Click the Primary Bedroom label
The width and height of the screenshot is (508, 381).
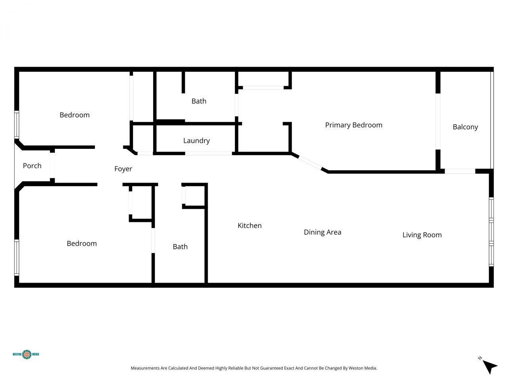[354, 125]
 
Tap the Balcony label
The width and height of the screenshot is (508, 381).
[465, 127]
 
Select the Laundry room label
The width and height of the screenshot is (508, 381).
[196, 140]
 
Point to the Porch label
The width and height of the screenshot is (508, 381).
[32, 166]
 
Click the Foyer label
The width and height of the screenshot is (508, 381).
[123, 169]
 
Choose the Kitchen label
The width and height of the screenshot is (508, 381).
[249, 225]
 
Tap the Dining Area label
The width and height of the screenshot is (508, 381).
[322, 232]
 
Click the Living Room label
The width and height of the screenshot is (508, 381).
[422, 235]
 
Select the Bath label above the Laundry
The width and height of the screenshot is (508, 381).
[199, 101]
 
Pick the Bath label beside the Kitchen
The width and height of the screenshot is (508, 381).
[180, 247]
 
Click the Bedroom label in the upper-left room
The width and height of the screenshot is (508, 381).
[75, 115]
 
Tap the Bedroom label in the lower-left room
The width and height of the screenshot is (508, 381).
[82, 244]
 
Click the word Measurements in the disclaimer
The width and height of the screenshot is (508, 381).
[145, 368]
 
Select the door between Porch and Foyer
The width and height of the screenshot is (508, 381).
[52, 166]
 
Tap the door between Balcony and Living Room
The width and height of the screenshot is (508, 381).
[460, 171]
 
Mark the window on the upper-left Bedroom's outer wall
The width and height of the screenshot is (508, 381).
[17, 125]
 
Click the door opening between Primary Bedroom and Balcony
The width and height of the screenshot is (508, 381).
[438, 121]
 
